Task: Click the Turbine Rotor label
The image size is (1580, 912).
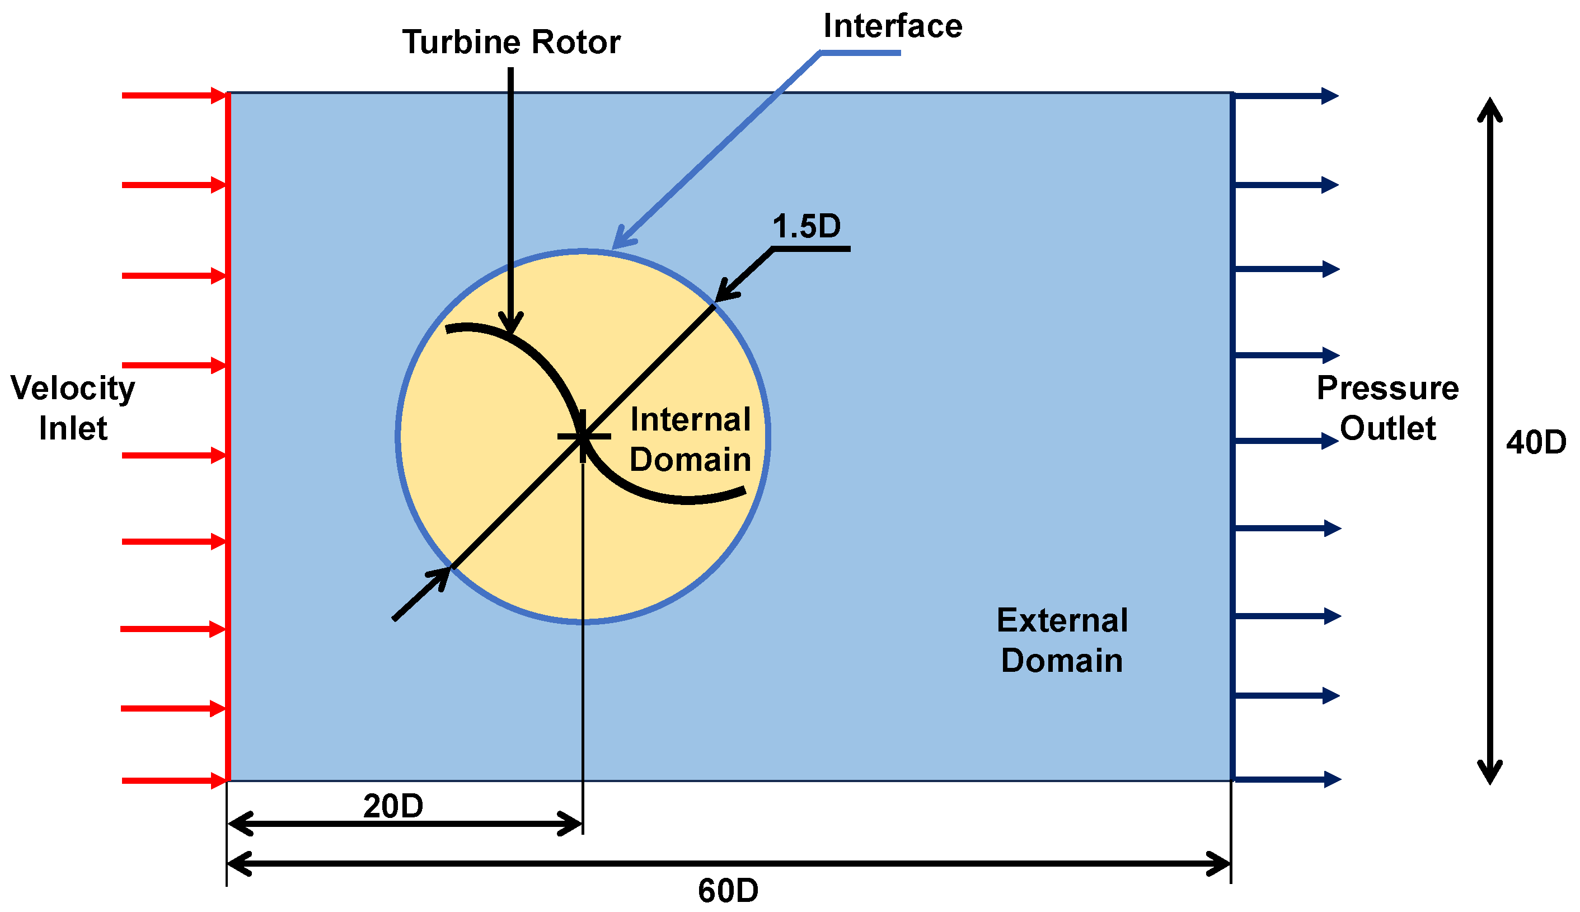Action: (511, 43)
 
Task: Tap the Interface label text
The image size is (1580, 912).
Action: (892, 26)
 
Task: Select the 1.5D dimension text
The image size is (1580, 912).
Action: (807, 227)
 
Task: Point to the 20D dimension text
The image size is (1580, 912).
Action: (393, 806)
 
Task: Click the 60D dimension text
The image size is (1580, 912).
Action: (728, 891)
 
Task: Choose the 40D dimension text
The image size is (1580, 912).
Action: (1536, 442)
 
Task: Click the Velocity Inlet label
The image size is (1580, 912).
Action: (73, 408)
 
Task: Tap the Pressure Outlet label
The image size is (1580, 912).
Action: (1387, 408)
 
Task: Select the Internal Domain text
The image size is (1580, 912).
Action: (690, 439)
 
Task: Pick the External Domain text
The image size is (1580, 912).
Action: (1062, 640)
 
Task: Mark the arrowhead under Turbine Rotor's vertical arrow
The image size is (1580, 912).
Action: (511, 325)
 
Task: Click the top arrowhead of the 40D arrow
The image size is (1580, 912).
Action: (1490, 110)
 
